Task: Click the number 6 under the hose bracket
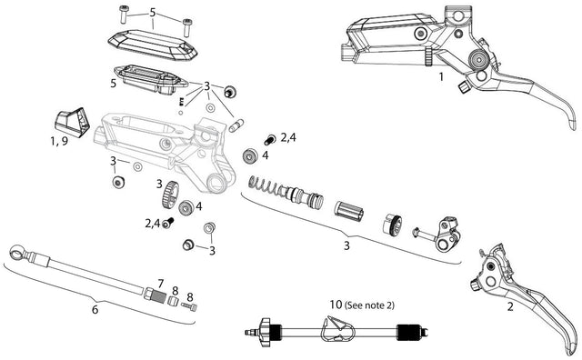pos(95,309)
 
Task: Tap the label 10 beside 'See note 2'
pos(336,305)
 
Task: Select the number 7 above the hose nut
pos(160,285)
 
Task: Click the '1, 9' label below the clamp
pos(59,142)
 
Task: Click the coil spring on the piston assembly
pos(264,185)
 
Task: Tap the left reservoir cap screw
pos(124,14)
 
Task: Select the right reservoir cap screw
pos(187,27)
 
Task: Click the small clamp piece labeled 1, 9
pos(72,122)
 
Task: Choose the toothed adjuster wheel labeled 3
pos(170,195)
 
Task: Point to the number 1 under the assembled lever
pos(441,77)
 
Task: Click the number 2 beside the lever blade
pos(510,307)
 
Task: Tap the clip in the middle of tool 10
pos(338,329)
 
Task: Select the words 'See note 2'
pos(369,305)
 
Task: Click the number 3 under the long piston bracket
pos(346,245)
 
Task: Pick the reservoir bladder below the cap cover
pos(150,80)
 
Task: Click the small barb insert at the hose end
pos(189,306)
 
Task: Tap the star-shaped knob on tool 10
pos(266,332)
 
